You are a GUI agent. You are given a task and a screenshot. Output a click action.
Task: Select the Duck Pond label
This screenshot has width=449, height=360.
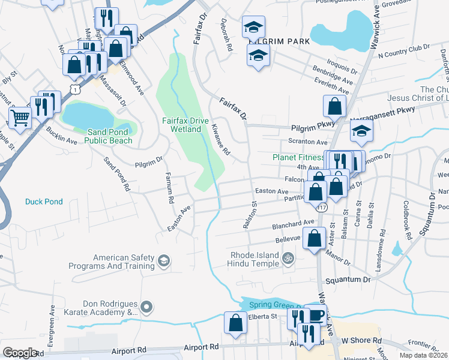pyautogui.click(x=43, y=202)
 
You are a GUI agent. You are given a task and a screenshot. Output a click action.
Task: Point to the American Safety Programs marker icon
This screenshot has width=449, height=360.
pyautogui.click(x=164, y=261)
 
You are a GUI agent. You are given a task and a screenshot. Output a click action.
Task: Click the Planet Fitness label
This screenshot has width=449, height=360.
pyautogui.click(x=298, y=157)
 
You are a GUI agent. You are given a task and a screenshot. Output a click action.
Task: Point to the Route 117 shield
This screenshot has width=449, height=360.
pyautogui.click(x=322, y=208)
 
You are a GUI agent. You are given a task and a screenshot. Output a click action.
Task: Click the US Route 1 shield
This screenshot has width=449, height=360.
pyautogui.click(x=74, y=89)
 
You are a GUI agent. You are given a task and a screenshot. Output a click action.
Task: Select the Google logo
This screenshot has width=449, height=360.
pyautogui.click(x=20, y=353)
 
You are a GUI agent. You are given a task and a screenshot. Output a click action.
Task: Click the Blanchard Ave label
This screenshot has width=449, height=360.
pyautogui.click(x=294, y=222)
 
